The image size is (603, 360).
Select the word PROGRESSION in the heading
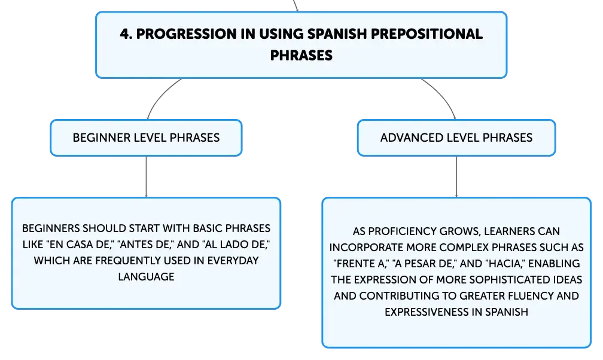point(187,34)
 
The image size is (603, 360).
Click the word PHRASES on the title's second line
point(301,56)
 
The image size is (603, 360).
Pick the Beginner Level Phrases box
point(146,138)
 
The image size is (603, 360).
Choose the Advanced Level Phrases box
point(456,138)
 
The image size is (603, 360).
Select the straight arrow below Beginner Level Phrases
point(146,177)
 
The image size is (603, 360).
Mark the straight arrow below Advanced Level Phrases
point(456,177)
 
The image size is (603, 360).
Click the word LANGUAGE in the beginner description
point(146,277)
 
